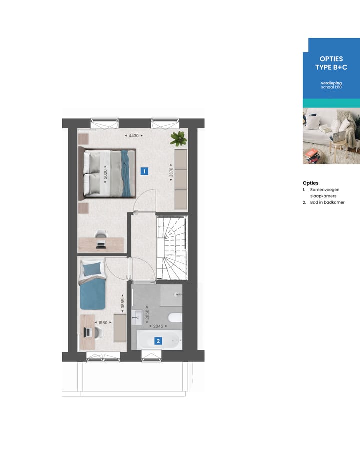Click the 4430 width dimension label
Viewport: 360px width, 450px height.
[133, 135]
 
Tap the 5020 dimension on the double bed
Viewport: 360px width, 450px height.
[105, 174]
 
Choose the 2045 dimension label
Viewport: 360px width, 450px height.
[158, 326]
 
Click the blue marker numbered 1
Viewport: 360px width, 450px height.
[144, 171]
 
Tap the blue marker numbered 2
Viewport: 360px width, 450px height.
[158, 342]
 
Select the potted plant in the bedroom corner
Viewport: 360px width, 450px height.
[178, 138]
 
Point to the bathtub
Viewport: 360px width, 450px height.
[159, 342]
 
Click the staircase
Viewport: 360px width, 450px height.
[172, 247]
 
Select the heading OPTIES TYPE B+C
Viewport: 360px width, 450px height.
[331, 63]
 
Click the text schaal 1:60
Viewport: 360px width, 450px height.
[331, 87]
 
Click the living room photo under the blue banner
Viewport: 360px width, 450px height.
[331, 136]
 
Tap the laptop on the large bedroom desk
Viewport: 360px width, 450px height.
[101, 245]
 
